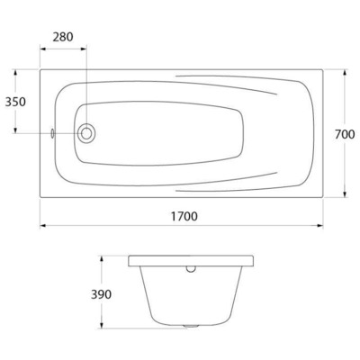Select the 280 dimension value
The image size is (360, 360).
pos(63,38)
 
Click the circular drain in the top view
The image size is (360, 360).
pos(86,134)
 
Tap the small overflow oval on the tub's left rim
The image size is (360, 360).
pos(54,134)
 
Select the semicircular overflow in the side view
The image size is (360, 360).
pos(190,267)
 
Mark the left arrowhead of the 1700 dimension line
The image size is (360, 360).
pos(42,225)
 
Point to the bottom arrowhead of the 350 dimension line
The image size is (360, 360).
pos(15,130)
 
